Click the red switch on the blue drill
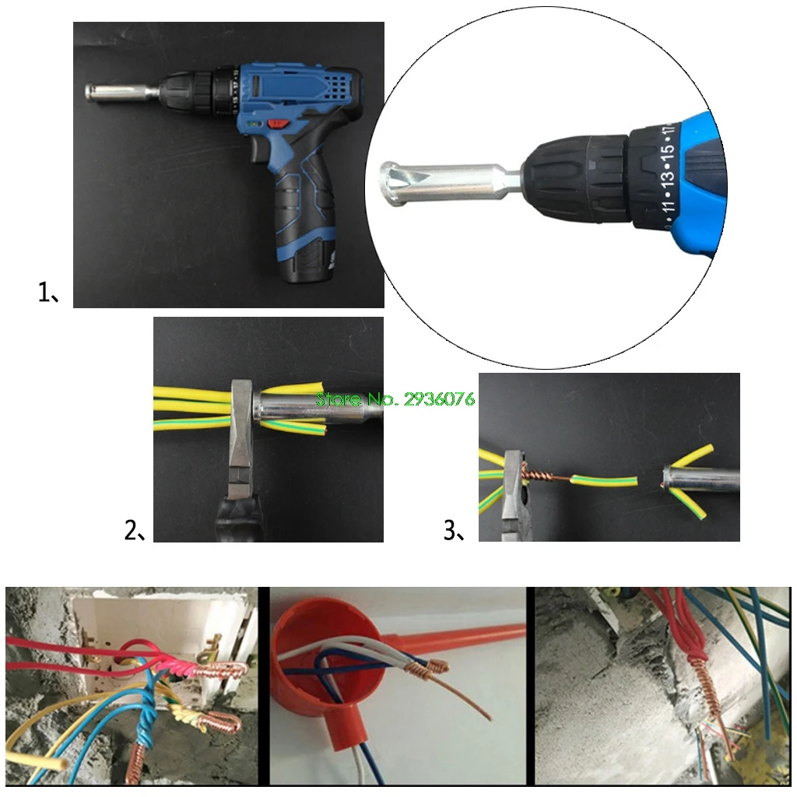pos(277,124)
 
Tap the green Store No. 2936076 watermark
pos(395,399)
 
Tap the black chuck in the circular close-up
pos(575,174)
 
